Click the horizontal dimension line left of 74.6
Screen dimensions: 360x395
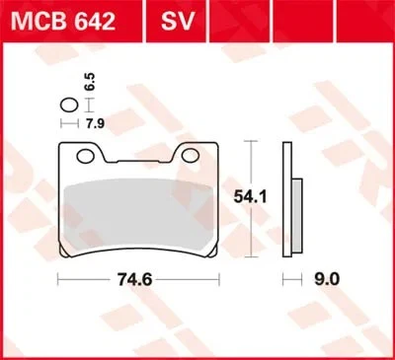94,280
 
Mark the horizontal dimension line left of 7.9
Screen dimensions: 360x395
69,124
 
